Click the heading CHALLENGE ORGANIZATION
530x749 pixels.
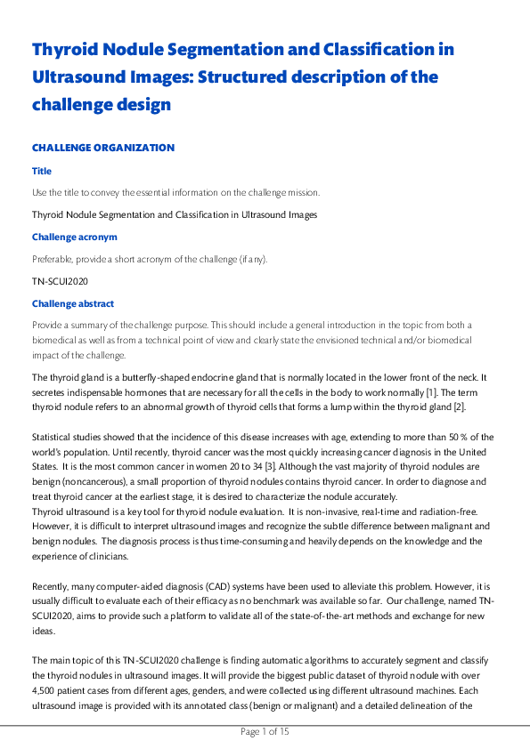click(x=103, y=148)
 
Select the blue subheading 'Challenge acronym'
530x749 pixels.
click(x=75, y=238)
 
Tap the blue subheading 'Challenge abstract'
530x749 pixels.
click(x=73, y=304)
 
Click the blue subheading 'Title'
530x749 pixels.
click(x=42, y=171)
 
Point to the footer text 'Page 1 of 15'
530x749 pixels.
click(x=265, y=732)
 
